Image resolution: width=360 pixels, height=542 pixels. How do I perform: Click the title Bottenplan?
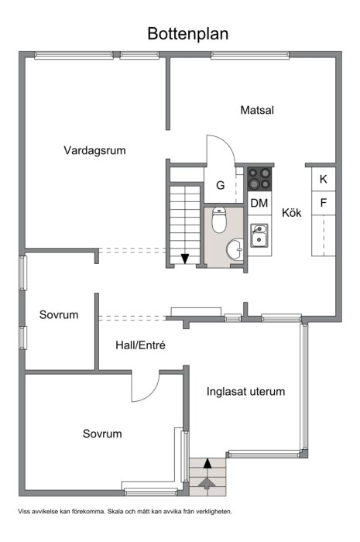coord(188,33)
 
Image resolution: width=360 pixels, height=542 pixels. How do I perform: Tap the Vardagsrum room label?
coord(94,150)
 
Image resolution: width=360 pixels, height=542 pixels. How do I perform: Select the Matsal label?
coord(257,110)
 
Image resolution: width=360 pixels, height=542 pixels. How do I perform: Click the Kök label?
coord(291,212)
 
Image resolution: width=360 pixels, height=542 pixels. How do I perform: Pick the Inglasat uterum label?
coord(245,391)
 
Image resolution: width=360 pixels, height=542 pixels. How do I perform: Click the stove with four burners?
coord(259,180)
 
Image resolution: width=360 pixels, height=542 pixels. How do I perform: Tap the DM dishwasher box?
coord(259,204)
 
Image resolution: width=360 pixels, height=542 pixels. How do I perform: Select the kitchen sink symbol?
coord(259,235)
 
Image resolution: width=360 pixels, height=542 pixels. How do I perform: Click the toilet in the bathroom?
coord(219,221)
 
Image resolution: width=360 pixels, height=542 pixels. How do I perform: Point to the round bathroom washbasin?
coord(233,250)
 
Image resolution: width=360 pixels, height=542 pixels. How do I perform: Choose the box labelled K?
coord(323,180)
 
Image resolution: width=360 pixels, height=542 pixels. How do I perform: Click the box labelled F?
coord(323,203)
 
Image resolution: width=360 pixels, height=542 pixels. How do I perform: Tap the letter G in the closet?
coord(221,186)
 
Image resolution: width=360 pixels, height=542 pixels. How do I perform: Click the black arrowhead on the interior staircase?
coord(186,259)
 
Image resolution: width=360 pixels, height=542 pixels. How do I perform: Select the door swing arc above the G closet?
coord(219,149)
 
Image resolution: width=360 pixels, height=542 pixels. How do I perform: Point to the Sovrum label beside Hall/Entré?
coord(59,315)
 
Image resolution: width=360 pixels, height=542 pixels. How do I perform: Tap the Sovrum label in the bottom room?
coord(102,434)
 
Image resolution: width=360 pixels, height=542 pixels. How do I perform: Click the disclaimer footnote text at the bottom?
coord(124,511)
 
